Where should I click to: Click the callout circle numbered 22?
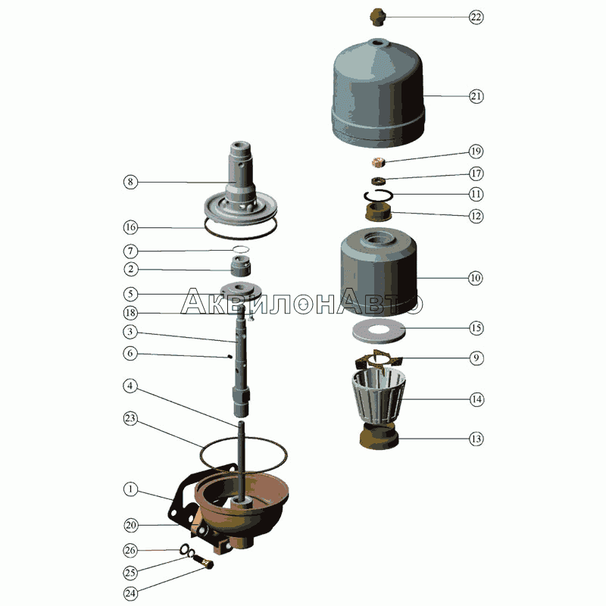[x=476, y=17]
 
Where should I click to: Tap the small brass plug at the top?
[x=377, y=17]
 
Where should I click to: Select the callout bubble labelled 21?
[x=476, y=96]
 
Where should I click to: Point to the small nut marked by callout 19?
[x=378, y=162]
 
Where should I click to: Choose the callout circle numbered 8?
[x=130, y=182]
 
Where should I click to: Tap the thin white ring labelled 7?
[x=240, y=249]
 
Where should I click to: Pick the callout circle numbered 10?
[x=476, y=278]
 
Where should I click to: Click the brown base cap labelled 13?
[x=379, y=436]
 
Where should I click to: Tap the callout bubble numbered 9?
[x=476, y=358]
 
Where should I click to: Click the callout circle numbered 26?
[x=130, y=551]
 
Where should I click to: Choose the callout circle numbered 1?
[x=130, y=489]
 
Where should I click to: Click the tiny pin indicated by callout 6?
[x=230, y=357]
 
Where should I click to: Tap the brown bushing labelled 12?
[x=378, y=213]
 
